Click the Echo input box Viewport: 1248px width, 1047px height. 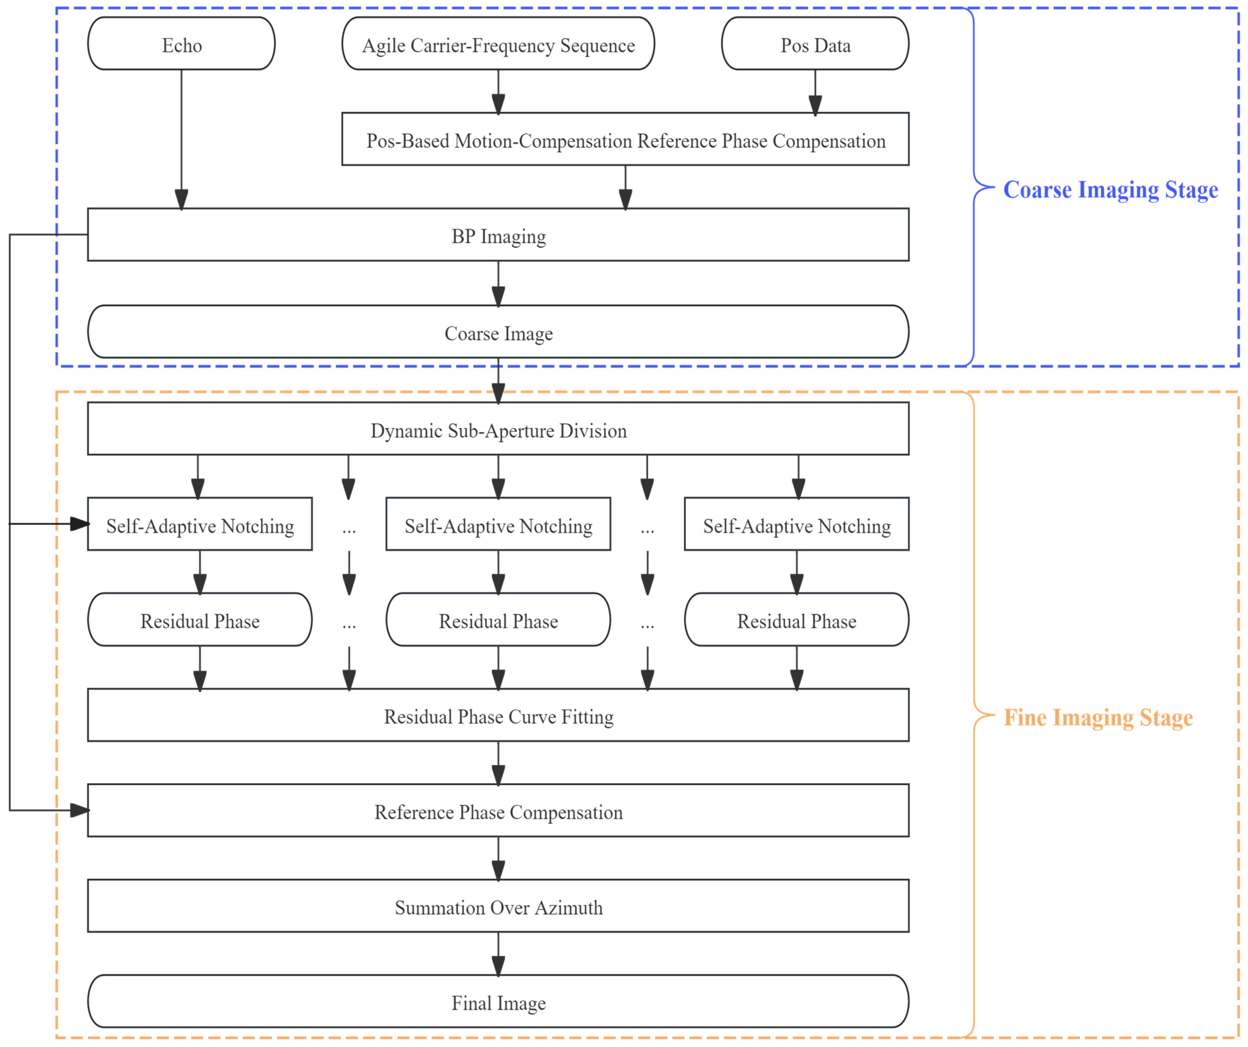click(181, 43)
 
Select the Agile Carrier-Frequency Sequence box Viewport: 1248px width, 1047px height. click(498, 43)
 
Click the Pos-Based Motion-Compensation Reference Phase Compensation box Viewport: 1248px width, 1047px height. click(625, 139)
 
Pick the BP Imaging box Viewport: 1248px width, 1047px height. click(498, 235)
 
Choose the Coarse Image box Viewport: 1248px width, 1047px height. click(498, 331)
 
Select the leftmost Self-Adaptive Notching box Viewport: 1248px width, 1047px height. click(200, 524)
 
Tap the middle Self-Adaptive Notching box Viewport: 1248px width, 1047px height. click(498, 524)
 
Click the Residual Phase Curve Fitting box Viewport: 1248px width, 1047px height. click(498, 715)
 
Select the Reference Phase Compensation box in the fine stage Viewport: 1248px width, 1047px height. click(498, 810)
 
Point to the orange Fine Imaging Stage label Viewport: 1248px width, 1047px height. click(1098, 717)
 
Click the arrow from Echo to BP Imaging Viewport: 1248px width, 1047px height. click(181, 140)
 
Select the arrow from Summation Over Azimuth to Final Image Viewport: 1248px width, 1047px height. click(498, 954)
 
